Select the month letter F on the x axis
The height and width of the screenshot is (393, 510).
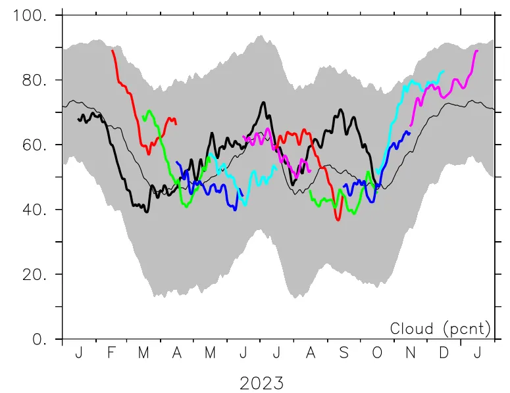point(111,353)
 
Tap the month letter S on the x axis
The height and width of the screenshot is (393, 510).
point(344,353)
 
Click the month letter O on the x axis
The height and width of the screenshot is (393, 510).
point(376,353)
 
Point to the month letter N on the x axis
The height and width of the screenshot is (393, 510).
point(410,353)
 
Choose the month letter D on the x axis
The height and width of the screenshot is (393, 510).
point(444,353)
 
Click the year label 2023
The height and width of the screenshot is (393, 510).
point(262,382)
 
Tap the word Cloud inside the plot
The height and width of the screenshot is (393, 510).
point(412,329)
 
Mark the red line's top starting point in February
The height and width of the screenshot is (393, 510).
point(113,51)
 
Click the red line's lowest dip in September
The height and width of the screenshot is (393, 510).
point(338,220)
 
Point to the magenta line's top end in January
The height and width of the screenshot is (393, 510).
point(477,51)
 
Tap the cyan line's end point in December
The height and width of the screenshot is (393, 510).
point(444,71)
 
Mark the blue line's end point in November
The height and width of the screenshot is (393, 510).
point(409,133)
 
